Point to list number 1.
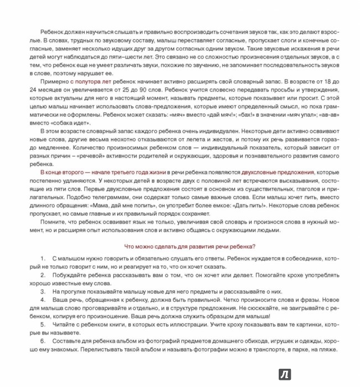[43, 259]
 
